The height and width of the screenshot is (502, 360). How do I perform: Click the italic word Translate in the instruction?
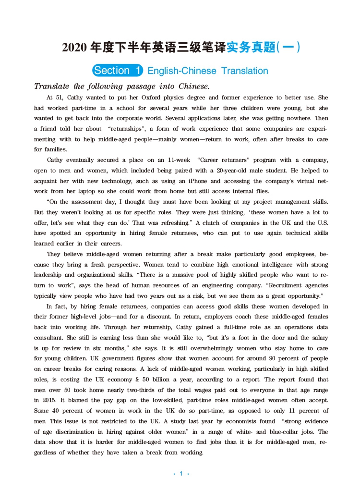click(52, 86)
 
